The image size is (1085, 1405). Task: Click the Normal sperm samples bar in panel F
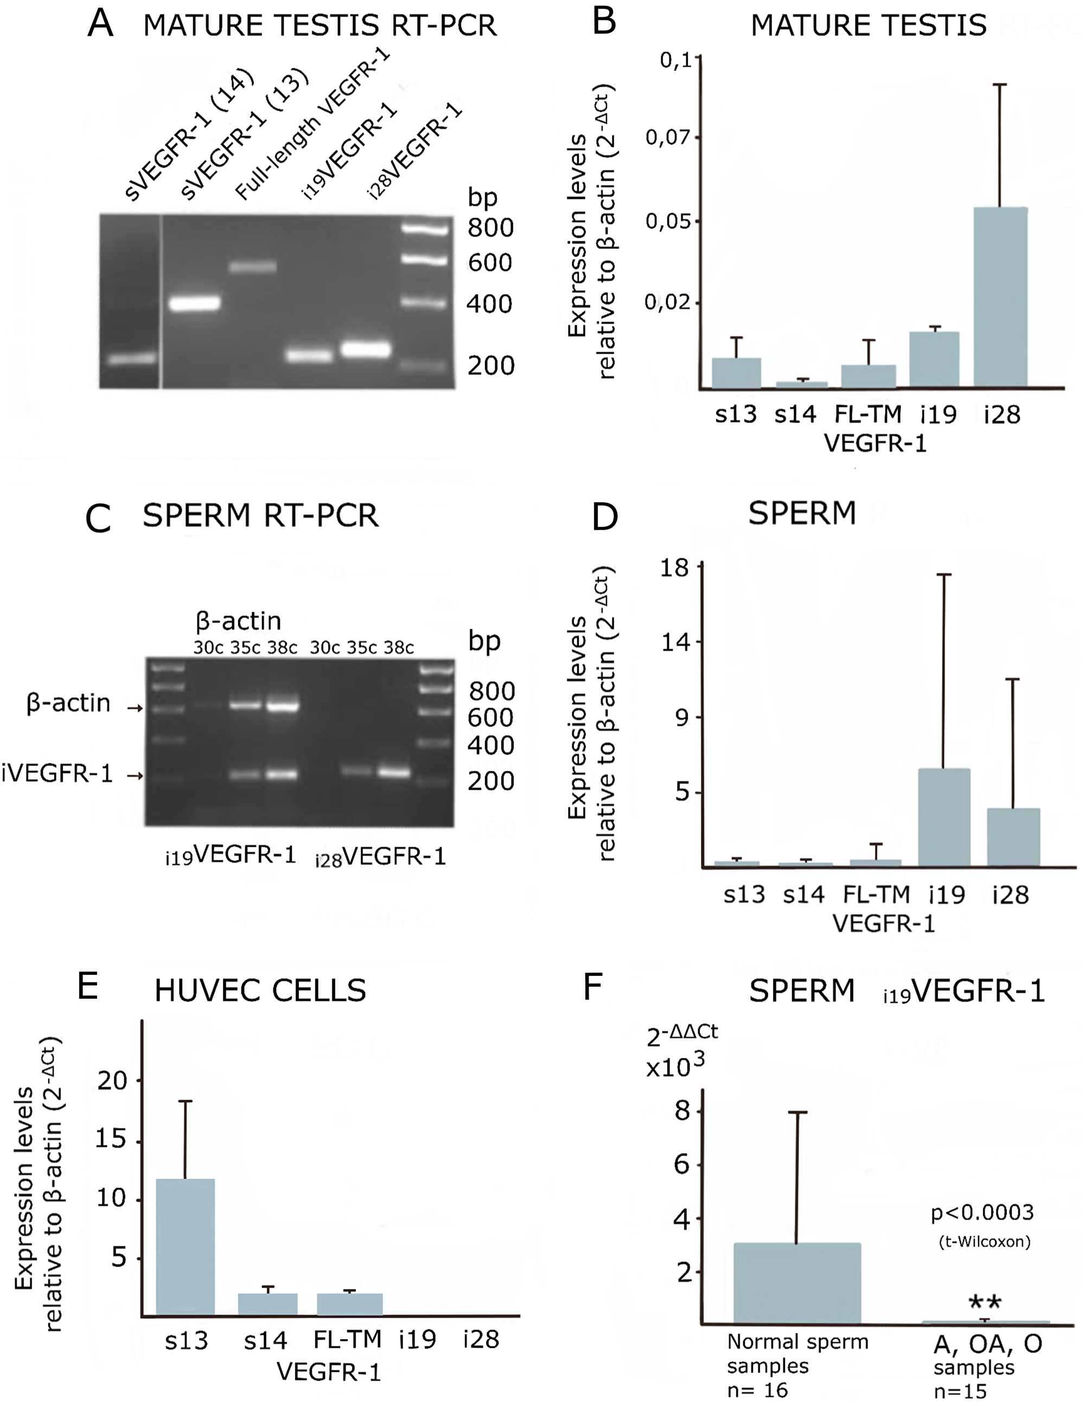[x=797, y=1283]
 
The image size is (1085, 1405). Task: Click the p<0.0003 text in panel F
[x=982, y=1212]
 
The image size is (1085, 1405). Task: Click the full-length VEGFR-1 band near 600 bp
[x=253, y=266]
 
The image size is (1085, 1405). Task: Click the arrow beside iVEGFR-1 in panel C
[x=135, y=776]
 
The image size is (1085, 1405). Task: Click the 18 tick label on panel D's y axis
[x=674, y=567]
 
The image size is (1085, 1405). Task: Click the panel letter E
[x=88, y=986]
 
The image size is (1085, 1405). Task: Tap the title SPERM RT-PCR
[x=260, y=515]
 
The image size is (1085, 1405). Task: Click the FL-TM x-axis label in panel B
[x=867, y=414]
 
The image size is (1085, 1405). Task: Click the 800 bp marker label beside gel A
[x=490, y=228]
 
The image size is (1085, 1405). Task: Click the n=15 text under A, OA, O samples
[x=960, y=1392]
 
